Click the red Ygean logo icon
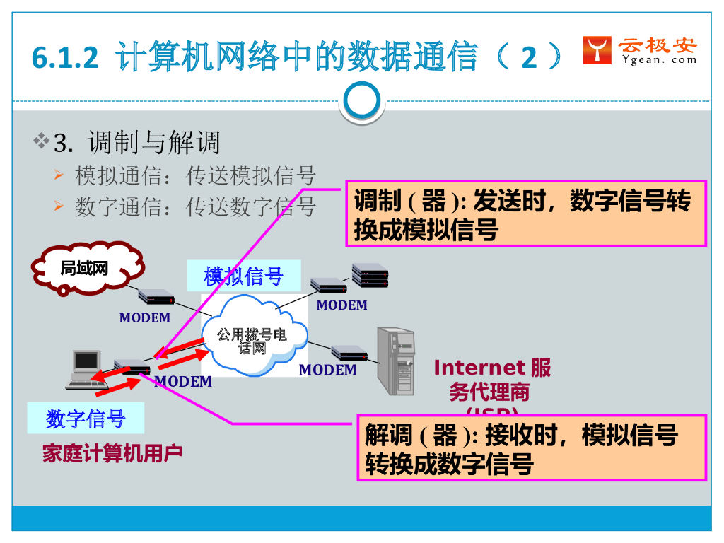point(597,50)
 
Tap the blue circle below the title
point(361,103)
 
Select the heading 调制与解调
point(153,143)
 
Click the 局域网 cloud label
point(83,269)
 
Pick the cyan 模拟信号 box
point(243,276)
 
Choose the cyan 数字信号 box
point(86,419)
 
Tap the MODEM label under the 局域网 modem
point(145,318)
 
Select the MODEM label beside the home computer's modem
point(183,382)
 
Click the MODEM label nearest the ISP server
point(327,370)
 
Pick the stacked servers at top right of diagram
point(370,275)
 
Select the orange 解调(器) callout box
point(531,448)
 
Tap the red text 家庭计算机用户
point(112,453)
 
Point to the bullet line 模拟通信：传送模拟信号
point(195,175)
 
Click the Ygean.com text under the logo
point(660,60)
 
